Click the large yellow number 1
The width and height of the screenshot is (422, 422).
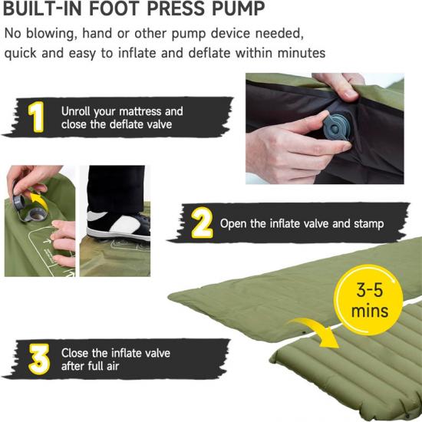(x=36, y=117)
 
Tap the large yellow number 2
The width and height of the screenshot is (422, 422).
(x=202, y=223)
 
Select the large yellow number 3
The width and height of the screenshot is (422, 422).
(x=39, y=359)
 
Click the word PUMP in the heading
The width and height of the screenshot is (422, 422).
(x=238, y=8)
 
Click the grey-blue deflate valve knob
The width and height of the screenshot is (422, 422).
(x=335, y=127)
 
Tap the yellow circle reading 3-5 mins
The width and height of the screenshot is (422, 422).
(x=369, y=299)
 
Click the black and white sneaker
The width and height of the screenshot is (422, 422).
(x=118, y=225)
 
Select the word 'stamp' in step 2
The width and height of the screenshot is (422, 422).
(x=369, y=224)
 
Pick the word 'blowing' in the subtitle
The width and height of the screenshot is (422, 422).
(x=50, y=35)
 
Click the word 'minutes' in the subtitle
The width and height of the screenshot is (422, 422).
(x=302, y=52)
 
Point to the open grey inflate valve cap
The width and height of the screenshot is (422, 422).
(x=19, y=201)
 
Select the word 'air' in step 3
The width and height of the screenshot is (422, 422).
(x=113, y=366)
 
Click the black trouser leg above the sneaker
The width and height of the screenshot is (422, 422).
(x=116, y=189)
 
